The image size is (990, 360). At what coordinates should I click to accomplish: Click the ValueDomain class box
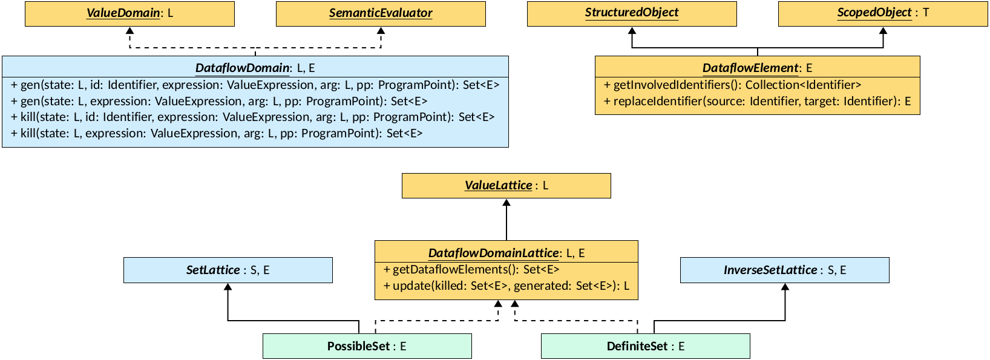[129, 13]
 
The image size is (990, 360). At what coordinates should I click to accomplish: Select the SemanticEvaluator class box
[381, 13]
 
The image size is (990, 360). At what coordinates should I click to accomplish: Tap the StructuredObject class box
[632, 13]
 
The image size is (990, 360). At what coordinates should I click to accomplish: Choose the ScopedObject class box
[883, 13]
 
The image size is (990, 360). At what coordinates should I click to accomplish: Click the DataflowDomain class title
[255, 68]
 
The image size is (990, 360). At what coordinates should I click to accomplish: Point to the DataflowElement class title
[757, 68]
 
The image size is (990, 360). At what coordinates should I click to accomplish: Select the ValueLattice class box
[506, 186]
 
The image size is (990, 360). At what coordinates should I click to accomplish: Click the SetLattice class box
[228, 270]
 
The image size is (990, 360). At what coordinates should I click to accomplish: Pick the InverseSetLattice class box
[785, 270]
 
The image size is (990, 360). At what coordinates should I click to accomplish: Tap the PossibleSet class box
[367, 346]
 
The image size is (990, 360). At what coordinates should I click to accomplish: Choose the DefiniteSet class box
[646, 346]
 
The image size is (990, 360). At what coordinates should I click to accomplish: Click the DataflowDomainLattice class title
[506, 253]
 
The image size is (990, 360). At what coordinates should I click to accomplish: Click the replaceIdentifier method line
[757, 101]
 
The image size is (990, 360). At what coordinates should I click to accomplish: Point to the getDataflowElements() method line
[471, 270]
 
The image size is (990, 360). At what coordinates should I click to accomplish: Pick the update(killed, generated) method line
[506, 286]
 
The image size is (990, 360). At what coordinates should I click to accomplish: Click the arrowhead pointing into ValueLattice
[506, 203]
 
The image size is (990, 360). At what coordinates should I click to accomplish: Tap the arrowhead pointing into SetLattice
[228, 287]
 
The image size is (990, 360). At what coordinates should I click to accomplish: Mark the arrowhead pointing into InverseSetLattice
[785, 287]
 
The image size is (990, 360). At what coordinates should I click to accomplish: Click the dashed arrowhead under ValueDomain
[129, 30]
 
